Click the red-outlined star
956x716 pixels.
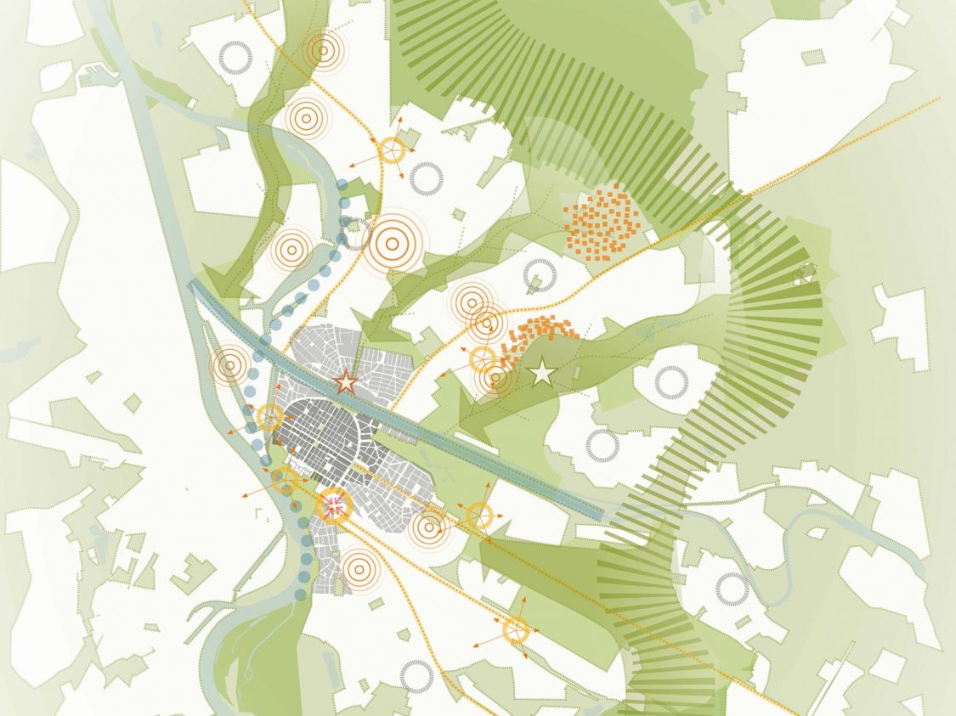coord(345,382)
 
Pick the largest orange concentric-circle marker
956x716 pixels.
coord(396,241)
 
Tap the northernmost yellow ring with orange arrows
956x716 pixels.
coord(391,150)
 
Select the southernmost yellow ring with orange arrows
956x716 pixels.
coord(516,630)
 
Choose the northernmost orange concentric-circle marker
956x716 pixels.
coord(323,50)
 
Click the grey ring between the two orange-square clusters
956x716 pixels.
coord(540,275)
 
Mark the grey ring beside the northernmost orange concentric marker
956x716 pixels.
coord(235,57)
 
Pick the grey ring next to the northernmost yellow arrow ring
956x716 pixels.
coord(426,178)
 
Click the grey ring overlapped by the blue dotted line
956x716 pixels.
coord(355,234)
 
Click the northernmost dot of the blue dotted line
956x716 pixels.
coord(342,185)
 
